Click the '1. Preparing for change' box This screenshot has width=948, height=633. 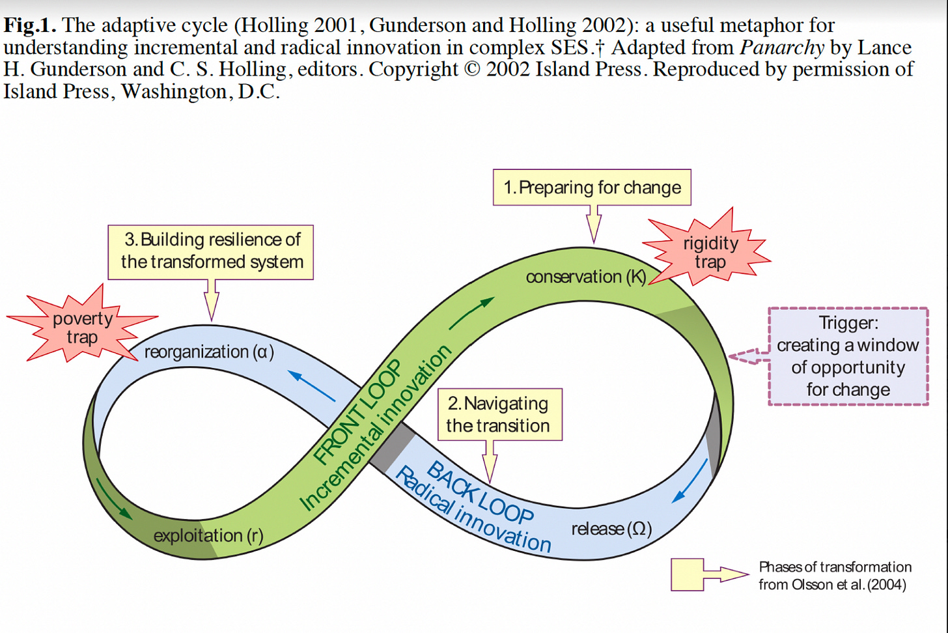tap(592, 188)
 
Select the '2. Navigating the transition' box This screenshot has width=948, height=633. tap(499, 414)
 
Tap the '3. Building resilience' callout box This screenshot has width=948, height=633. tap(211, 251)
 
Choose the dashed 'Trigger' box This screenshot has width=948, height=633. tap(848, 356)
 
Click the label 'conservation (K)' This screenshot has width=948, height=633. tap(585, 277)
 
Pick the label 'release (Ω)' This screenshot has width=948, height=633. tap(611, 529)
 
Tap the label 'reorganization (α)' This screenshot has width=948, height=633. tap(209, 352)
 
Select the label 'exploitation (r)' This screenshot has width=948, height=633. tap(208, 536)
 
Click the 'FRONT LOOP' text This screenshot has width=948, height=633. tap(357, 412)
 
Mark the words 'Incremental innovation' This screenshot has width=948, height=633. tap(376, 427)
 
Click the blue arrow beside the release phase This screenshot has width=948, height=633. tap(690, 481)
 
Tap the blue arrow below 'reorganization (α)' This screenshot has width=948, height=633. tap(312, 386)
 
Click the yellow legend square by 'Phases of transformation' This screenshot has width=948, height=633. tap(687, 574)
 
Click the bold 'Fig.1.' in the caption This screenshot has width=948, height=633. tap(30, 26)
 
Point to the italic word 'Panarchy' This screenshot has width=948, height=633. tap(782, 48)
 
